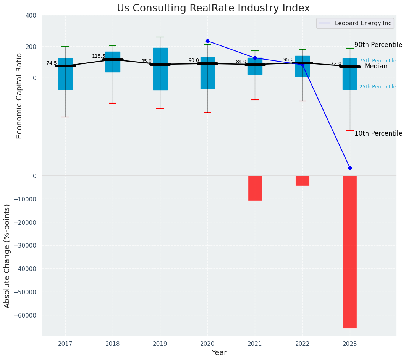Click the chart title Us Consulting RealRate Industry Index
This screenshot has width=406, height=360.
click(213, 8)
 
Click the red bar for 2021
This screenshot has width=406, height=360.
click(255, 188)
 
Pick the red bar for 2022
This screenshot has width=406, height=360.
click(302, 181)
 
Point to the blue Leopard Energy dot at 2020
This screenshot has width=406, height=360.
click(207, 41)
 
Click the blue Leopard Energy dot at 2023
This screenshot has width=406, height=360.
click(350, 168)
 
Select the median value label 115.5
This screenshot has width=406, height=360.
click(99, 56)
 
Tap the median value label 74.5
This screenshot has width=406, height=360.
click(51, 63)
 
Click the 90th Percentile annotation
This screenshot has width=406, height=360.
click(378, 45)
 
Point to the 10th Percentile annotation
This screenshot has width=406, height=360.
click(378, 133)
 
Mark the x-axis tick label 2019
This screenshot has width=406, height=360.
click(160, 344)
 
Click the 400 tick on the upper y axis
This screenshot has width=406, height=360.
click(31, 15)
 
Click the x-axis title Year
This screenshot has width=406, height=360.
click(219, 353)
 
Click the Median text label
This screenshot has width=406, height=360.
click(376, 66)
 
